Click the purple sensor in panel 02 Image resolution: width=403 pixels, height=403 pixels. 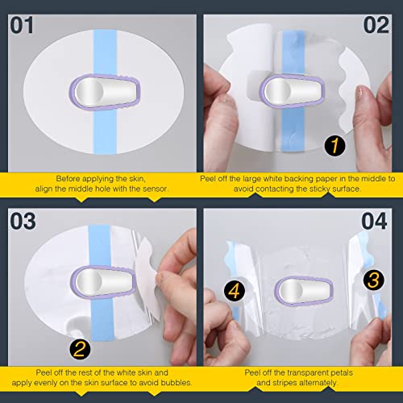[285, 90]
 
